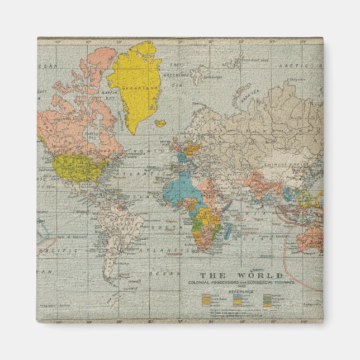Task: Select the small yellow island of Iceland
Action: (160, 123)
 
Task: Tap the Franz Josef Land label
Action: (255, 59)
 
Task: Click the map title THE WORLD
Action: (241, 276)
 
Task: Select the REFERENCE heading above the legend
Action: (241, 291)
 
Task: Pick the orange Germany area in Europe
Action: (192, 149)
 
